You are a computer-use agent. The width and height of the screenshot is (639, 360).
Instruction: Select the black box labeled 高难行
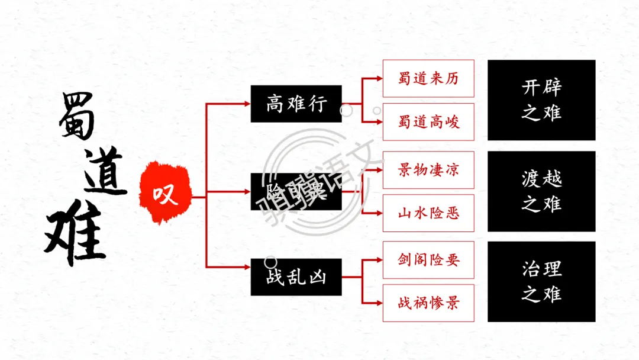point(296,104)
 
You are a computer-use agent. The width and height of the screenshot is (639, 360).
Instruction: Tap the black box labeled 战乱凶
point(296,277)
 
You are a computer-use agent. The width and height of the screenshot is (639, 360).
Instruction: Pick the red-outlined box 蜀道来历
point(428,78)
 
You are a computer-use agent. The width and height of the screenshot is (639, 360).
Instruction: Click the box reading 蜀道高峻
point(428,122)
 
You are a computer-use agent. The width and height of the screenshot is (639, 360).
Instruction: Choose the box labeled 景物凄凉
point(428,170)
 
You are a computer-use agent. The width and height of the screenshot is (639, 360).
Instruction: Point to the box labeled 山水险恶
point(428,213)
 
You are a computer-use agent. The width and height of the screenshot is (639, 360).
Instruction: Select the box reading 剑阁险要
point(428,259)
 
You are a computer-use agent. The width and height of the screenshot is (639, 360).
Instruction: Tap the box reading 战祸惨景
point(428,303)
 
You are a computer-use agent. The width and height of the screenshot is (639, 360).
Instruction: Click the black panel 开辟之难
point(541,100)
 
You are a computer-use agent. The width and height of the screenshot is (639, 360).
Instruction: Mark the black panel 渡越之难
point(541,191)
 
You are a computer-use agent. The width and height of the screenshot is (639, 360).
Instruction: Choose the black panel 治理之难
point(541,281)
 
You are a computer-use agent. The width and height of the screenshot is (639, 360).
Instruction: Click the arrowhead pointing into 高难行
point(246,104)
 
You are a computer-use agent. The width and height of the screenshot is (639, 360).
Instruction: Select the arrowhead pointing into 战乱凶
point(246,277)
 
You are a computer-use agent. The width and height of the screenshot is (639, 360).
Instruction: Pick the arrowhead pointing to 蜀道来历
point(379,78)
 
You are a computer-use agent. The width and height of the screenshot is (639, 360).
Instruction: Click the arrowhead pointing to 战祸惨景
point(379,303)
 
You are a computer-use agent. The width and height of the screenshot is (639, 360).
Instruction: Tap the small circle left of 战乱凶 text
point(270,261)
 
